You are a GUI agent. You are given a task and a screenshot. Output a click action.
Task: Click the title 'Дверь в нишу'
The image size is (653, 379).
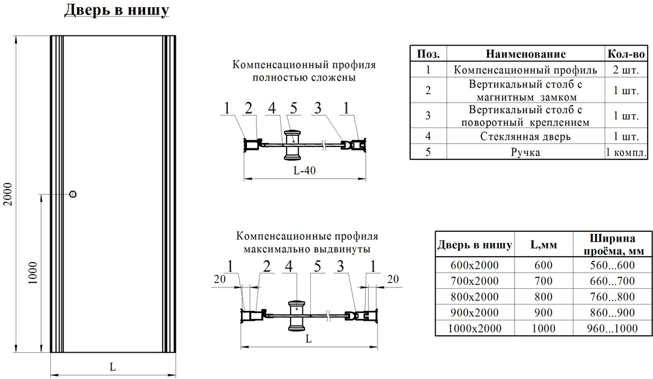tap(117, 11)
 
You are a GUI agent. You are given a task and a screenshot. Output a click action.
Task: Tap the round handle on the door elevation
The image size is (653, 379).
tap(73, 194)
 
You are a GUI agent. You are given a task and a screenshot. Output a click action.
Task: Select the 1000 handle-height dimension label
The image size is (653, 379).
tap(33, 273)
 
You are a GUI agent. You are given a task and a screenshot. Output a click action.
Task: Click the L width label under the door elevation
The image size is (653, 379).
tap(112, 367)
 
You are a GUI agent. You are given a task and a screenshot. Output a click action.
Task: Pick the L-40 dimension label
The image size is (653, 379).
tap(304, 170)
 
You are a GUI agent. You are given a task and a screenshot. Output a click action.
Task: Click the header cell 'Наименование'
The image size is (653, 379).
tap(526, 54)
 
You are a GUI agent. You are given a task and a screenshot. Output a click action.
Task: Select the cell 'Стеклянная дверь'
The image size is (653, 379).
tap(525, 137)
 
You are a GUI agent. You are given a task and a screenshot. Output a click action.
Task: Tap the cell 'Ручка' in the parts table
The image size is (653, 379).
tap(525, 152)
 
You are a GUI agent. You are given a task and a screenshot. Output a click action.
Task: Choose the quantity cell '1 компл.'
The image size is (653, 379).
tap(626, 152)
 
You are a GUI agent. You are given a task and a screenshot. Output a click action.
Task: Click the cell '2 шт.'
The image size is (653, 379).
tap(626, 70)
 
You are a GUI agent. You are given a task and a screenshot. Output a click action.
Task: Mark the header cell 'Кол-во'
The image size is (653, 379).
tap(626, 54)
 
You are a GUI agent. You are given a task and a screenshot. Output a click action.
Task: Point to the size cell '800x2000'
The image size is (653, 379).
tap(474, 297)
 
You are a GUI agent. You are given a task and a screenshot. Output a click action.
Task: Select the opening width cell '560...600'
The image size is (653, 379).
tap(613, 265)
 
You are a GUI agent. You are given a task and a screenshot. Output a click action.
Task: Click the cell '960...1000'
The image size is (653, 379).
tap(613, 328)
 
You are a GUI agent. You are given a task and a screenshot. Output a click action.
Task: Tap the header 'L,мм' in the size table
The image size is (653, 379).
tap(543, 245)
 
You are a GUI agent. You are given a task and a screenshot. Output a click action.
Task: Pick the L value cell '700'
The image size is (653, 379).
tap(543, 280)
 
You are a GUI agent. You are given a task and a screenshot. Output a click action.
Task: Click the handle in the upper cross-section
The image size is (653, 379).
tap(294, 144)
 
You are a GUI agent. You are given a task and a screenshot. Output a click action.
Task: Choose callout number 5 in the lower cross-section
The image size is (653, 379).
tap(317, 266)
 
